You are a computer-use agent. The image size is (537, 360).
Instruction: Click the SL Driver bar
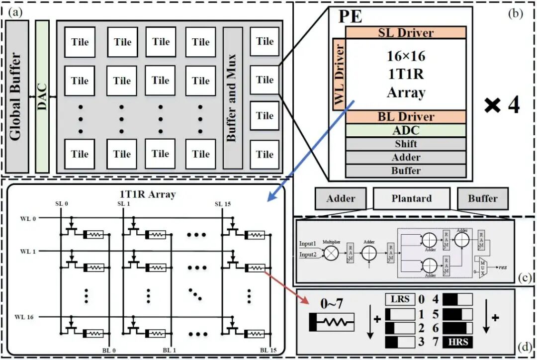(405, 32)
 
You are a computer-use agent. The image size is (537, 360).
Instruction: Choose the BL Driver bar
(405, 117)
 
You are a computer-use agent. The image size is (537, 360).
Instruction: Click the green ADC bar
(405, 130)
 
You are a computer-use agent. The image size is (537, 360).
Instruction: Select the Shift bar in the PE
(405, 144)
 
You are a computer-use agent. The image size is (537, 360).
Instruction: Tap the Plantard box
(411, 198)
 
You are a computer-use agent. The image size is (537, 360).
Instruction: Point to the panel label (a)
(15, 13)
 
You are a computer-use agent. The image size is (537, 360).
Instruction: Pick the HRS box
(457, 342)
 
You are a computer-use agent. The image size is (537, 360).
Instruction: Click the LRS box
(400, 300)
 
